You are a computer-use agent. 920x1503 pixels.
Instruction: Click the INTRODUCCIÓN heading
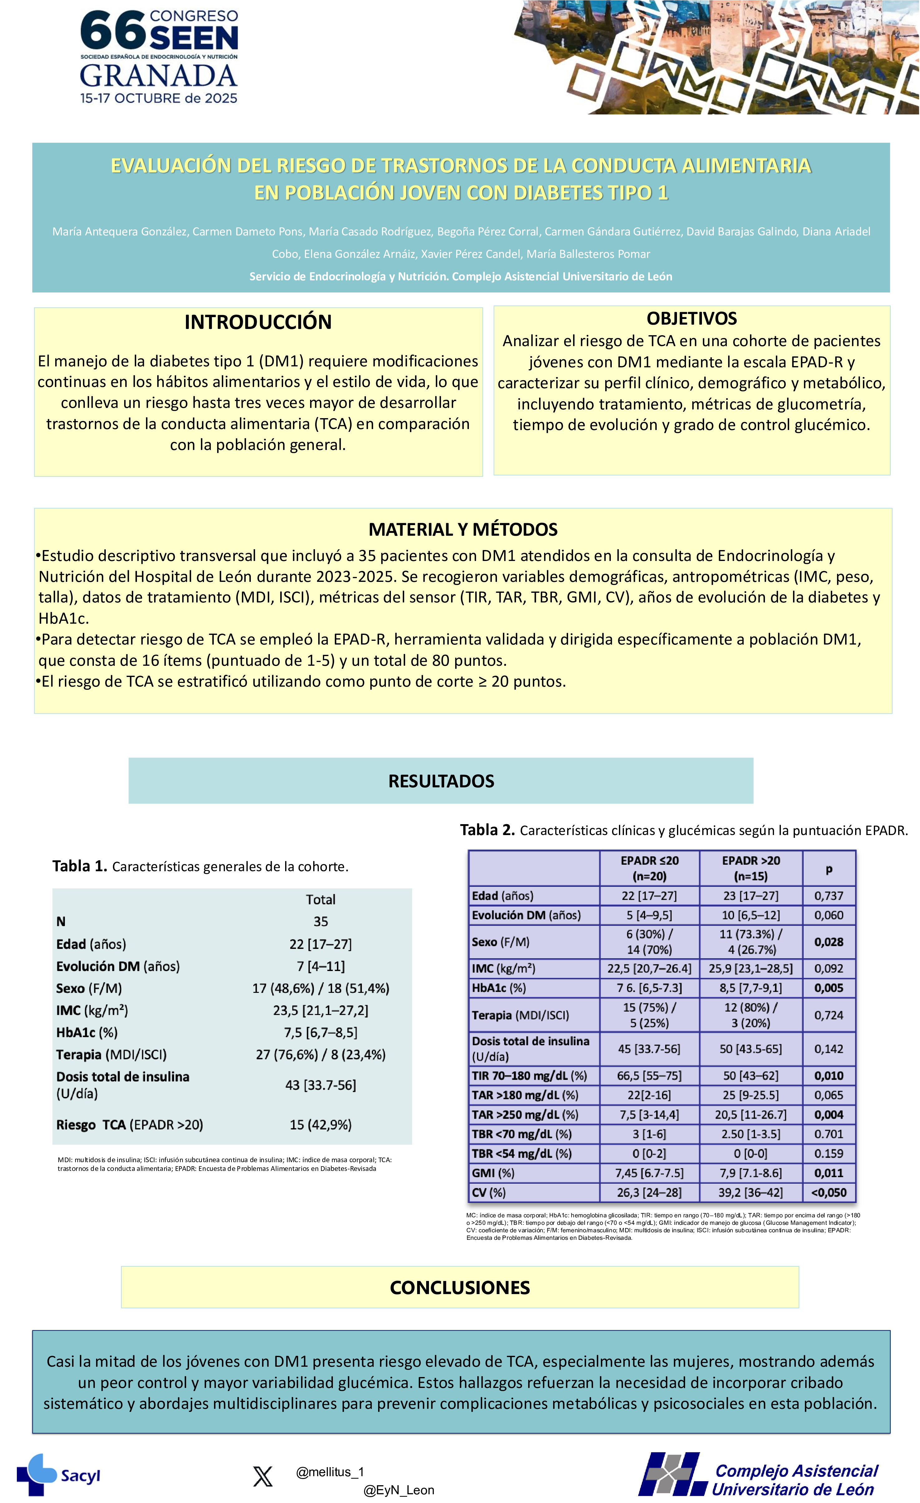pyautogui.click(x=258, y=322)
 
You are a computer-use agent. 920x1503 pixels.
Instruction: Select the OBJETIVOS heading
pyautogui.click(x=692, y=318)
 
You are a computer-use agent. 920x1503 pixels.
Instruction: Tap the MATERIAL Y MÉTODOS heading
pyautogui.click(x=463, y=529)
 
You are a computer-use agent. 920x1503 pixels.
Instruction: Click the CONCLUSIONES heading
pyautogui.click(x=460, y=1288)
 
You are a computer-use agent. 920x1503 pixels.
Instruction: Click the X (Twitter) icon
pyautogui.click(x=263, y=1477)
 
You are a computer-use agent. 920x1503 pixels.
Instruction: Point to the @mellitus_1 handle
pyautogui.click(x=330, y=1472)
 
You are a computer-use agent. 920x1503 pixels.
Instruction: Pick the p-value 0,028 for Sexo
pyautogui.click(x=829, y=942)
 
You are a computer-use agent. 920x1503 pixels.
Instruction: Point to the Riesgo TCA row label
pyautogui.click(x=129, y=1125)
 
